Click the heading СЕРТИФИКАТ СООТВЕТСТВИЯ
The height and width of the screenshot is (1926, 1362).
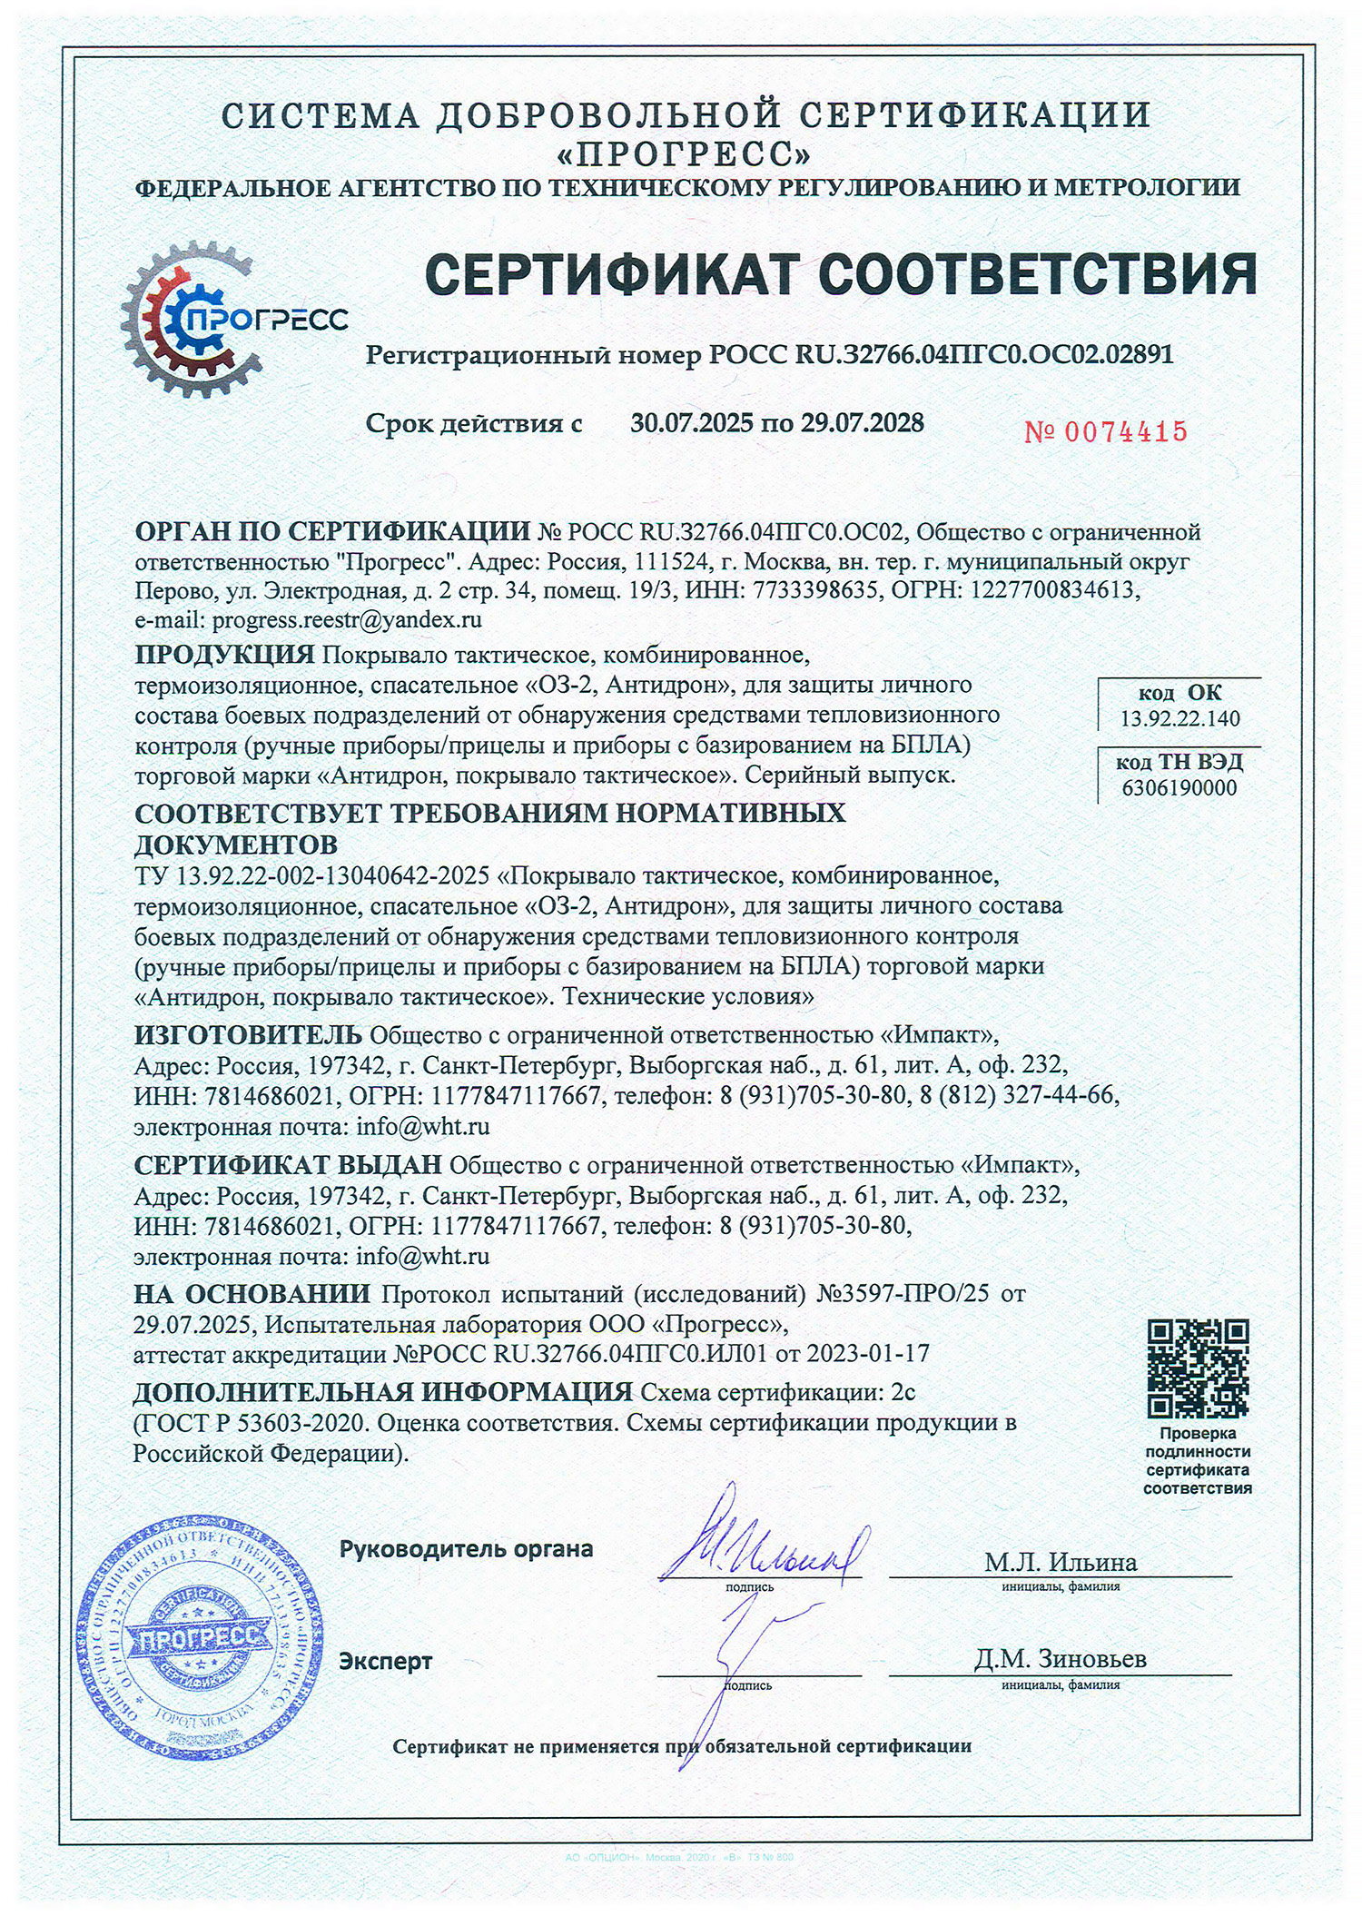click(841, 274)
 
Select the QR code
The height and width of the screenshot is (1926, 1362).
click(1198, 1368)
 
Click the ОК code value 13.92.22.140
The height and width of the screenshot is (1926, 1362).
click(1179, 719)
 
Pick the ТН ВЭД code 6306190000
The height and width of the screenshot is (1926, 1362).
click(1179, 787)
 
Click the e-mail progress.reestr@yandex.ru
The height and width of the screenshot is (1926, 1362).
click(346, 620)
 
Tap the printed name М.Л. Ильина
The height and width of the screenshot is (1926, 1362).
click(1061, 1562)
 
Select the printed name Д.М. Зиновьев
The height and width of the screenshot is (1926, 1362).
click(1061, 1659)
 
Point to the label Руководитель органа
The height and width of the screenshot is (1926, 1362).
click(466, 1549)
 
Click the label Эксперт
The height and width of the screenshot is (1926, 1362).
click(385, 1661)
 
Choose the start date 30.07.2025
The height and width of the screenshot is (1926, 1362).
click(692, 423)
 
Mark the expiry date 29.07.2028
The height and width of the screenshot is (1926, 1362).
click(862, 423)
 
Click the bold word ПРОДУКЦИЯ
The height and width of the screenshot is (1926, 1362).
click(224, 654)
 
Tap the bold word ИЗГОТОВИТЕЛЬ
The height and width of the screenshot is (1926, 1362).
click(248, 1035)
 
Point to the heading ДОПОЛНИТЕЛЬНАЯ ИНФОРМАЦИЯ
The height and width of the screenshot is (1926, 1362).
click(382, 1392)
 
